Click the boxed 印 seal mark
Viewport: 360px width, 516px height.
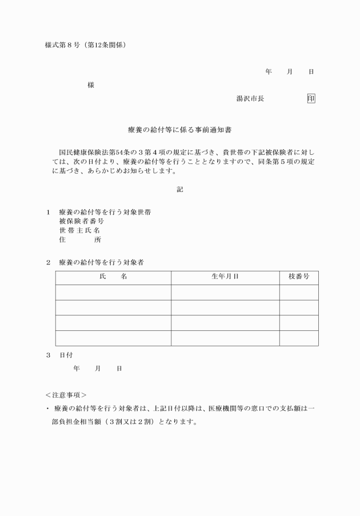[311, 98]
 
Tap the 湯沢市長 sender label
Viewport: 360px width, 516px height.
[250, 98]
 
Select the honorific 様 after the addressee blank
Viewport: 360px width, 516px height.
[91, 85]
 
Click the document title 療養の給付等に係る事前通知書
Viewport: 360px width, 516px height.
[179, 130]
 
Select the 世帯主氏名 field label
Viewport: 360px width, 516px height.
[79, 230]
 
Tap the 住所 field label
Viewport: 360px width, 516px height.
[79, 240]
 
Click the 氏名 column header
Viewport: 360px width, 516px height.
[113, 277]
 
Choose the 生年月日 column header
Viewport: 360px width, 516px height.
[225, 277]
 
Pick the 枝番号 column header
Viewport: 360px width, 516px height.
[299, 277]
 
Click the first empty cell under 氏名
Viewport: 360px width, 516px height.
[113, 293]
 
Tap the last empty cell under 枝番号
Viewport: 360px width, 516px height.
[299, 338]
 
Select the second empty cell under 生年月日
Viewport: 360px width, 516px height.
[225, 307]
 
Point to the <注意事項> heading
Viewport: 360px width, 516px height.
[66, 395]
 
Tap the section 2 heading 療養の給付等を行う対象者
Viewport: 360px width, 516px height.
[101, 263]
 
